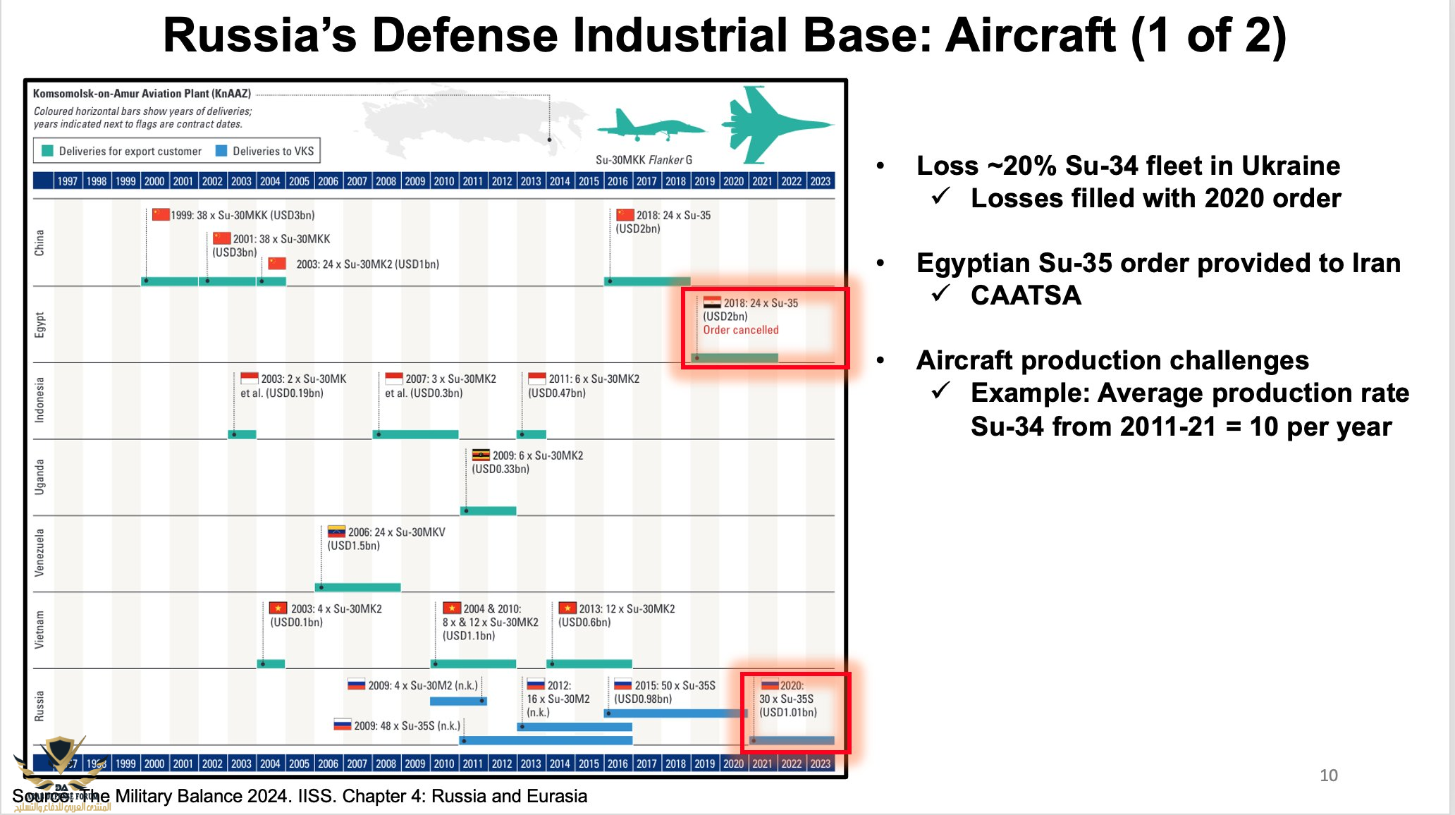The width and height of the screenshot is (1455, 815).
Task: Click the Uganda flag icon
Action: click(x=481, y=455)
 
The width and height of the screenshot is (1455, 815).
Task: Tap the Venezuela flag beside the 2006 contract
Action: click(x=336, y=532)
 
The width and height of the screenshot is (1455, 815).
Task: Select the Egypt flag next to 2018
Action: click(x=712, y=302)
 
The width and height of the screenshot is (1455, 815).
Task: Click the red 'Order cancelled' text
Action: click(x=740, y=330)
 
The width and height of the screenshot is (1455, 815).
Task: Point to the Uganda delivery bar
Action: click(x=489, y=510)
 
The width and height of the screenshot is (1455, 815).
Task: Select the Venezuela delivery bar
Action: click(x=358, y=587)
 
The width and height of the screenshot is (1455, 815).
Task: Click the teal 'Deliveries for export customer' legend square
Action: click(x=48, y=151)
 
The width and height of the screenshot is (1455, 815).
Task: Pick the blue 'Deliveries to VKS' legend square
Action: click(x=221, y=151)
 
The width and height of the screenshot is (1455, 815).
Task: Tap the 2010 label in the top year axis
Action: click(x=443, y=181)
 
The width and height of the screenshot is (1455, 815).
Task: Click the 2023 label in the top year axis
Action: click(x=820, y=181)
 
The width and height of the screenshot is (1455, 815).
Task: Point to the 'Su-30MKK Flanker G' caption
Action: click(x=644, y=160)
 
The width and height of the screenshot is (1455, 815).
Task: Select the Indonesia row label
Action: click(x=39, y=400)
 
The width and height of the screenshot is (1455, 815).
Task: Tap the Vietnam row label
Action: click(x=39, y=630)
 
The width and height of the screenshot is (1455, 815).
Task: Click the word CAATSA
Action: click(x=1026, y=295)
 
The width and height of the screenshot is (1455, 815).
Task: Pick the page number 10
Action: click(x=1328, y=776)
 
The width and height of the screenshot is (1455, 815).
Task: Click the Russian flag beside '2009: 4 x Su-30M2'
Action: click(x=356, y=685)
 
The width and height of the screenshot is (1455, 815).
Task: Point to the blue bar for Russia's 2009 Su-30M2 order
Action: click(x=458, y=701)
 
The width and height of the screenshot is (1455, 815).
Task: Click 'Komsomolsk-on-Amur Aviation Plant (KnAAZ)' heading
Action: click(x=142, y=93)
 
